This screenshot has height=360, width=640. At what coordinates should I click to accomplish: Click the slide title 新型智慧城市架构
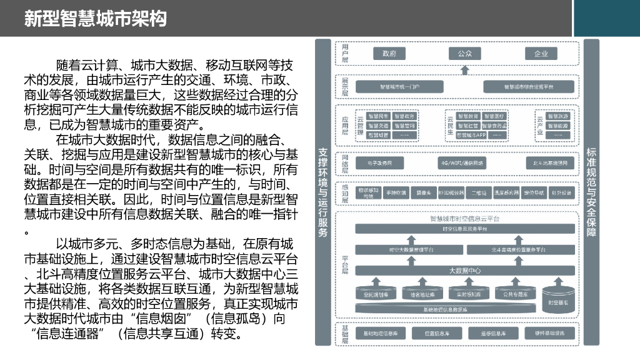coord(96,18)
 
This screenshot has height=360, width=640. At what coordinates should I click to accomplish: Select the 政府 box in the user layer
coord(389,54)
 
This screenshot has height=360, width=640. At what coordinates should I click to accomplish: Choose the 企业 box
coord(541,54)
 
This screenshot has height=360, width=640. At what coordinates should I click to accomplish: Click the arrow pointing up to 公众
coord(464,69)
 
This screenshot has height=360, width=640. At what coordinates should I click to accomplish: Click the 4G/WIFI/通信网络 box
coord(462,164)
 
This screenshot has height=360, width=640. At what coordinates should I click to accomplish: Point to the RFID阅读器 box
coord(451,193)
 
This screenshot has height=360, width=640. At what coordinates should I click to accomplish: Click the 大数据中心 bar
coord(464,271)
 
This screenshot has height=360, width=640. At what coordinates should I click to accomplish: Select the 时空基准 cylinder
coord(558,298)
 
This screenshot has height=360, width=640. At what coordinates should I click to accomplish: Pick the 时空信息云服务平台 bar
coord(464,229)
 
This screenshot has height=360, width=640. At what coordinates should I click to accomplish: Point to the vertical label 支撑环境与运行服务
coord(323,192)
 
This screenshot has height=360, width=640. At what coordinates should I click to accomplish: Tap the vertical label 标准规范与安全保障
coord(591,192)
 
